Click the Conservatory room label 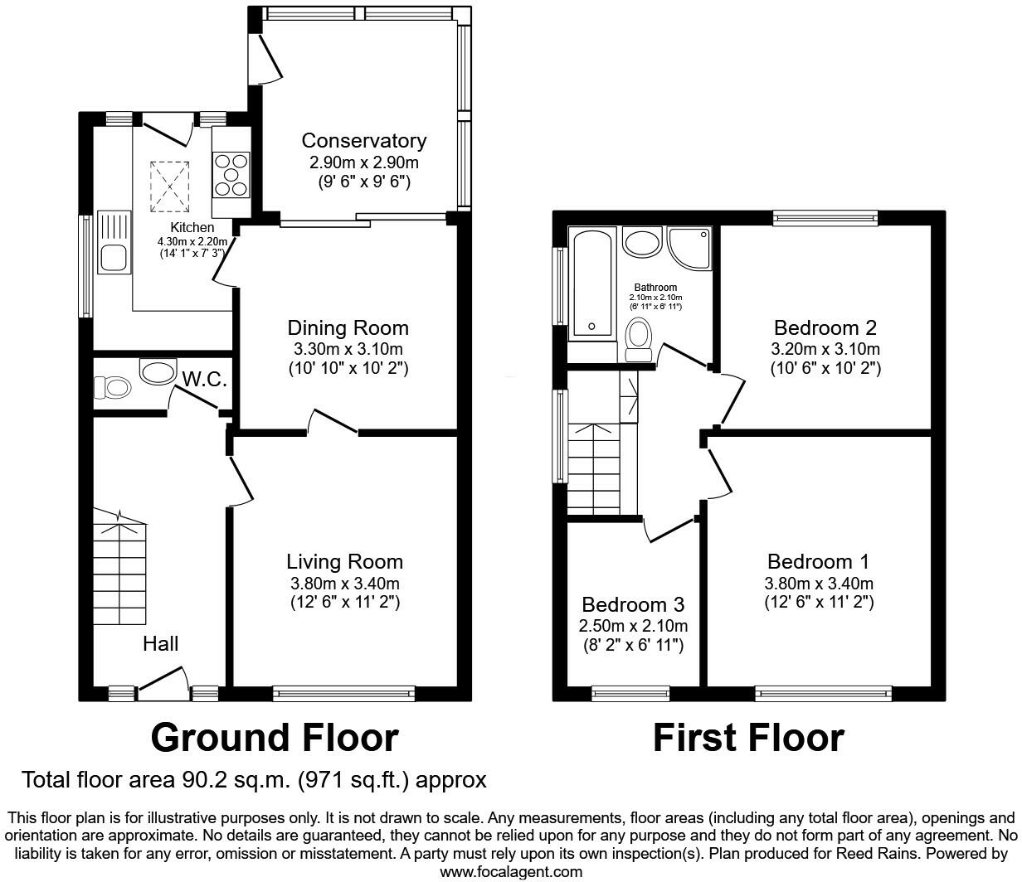(364, 141)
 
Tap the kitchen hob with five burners (231, 175)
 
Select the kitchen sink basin (114, 258)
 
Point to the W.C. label (205, 379)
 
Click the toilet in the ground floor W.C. (112, 387)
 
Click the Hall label (160, 643)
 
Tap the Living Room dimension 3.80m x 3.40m (344, 583)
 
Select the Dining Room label (348, 328)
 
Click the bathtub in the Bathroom (592, 283)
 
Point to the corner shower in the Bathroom (689, 248)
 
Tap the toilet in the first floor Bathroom (639, 340)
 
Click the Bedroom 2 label (825, 327)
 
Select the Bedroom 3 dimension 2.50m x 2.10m (633, 626)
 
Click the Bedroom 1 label (818, 561)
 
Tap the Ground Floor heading (275, 738)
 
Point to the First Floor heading (748, 738)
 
